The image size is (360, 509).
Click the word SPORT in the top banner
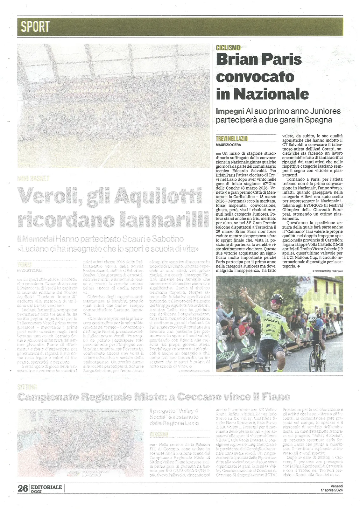(x=35, y=27)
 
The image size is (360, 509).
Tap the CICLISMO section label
(x=228, y=48)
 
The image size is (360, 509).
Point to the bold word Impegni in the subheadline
(x=229, y=111)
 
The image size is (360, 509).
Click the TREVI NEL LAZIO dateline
(x=231, y=138)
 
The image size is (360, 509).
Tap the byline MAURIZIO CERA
(x=228, y=145)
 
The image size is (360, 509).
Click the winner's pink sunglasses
(x=276, y=302)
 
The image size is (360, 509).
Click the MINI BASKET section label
(x=33, y=178)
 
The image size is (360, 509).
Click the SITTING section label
(x=27, y=387)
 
